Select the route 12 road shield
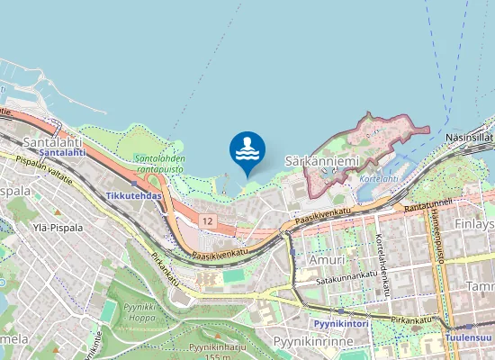[x=208, y=220]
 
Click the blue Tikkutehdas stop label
[x=133, y=195]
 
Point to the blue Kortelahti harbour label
[x=379, y=178]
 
